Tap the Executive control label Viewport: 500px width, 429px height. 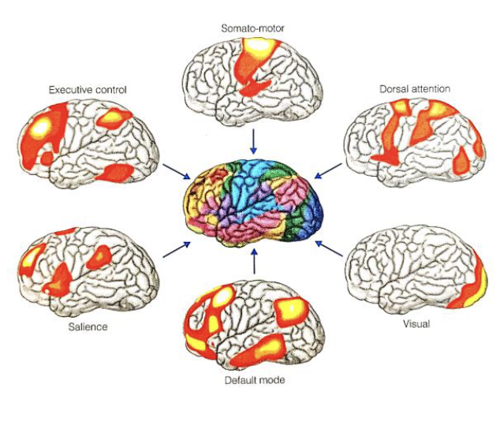[x=88, y=89]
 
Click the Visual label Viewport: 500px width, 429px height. [x=415, y=324]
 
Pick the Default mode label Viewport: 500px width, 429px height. [x=252, y=381]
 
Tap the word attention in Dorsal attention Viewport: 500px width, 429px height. [x=431, y=89]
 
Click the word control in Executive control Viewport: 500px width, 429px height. [x=110, y=89]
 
